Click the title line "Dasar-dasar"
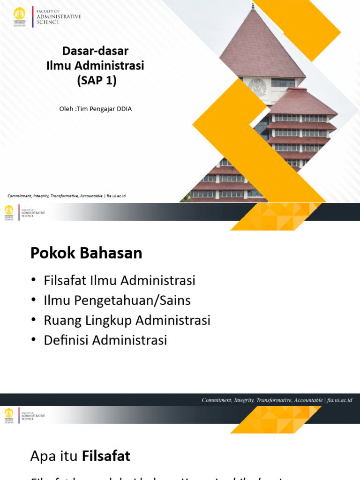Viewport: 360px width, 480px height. (95, 51)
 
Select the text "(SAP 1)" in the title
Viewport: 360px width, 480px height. (96, 81)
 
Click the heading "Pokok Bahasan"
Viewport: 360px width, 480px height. (86, 253)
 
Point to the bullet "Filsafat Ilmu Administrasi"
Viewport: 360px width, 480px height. (120, 281)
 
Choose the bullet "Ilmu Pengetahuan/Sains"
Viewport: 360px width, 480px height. (117, 300)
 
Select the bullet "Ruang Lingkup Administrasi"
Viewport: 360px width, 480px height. (127, 320)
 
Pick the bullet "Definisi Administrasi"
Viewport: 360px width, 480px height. (105, 340)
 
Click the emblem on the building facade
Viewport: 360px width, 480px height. (257, 87)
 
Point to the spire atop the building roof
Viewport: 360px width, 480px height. (253, 6)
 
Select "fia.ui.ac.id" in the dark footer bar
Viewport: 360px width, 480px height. (339, 400)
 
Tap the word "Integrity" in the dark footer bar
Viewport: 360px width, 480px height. (250, 400)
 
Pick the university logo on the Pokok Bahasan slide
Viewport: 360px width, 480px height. (9, 212)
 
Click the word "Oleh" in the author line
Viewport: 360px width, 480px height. (66, 109)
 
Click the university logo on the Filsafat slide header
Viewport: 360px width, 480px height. (9, 414)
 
